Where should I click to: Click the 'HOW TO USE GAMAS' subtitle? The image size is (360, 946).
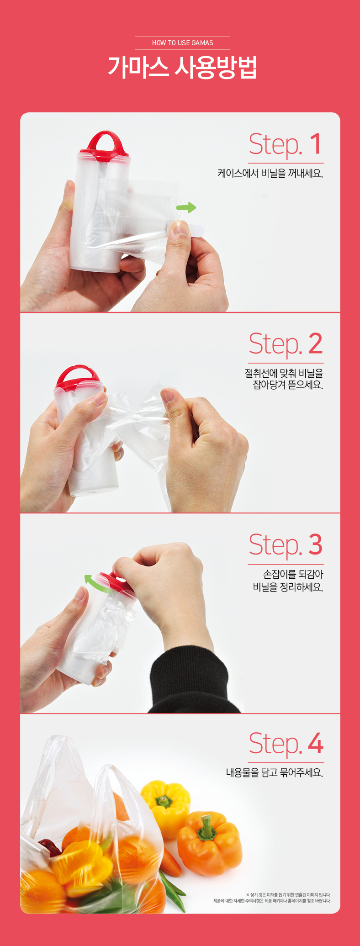(183, 43)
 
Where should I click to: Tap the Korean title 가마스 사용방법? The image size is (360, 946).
(182, 68)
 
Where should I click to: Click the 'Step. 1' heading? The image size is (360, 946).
(286, 144)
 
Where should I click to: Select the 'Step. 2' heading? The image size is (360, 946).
(286, 344)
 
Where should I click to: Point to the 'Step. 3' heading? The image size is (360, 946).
(286, 545)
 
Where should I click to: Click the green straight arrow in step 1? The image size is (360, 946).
(186, 207)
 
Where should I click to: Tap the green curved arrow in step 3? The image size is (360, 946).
(96, 584)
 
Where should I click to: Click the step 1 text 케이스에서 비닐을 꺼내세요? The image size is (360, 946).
(270, 174)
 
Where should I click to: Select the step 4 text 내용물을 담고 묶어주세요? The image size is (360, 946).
(275, 772)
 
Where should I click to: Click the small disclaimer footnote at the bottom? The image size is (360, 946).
(272, 898)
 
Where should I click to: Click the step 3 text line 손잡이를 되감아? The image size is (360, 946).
(293, 574)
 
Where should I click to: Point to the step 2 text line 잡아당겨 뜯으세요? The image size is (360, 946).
(288, 385)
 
